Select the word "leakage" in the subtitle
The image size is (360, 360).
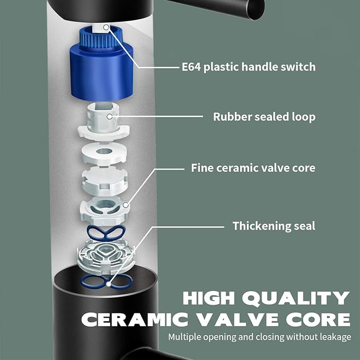coord(336,337)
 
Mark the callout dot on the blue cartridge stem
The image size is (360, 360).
coord(106,28)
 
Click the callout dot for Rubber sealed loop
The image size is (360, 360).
coord(110,117)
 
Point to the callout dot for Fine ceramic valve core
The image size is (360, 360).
coord(126,205)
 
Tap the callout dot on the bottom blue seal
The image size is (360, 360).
coord(109,285)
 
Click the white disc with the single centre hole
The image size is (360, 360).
coord(104,154)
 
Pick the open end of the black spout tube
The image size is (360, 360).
coord(256,9)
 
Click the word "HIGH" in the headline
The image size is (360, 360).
coord(209,298)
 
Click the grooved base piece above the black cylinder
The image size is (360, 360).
coord(106,256)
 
